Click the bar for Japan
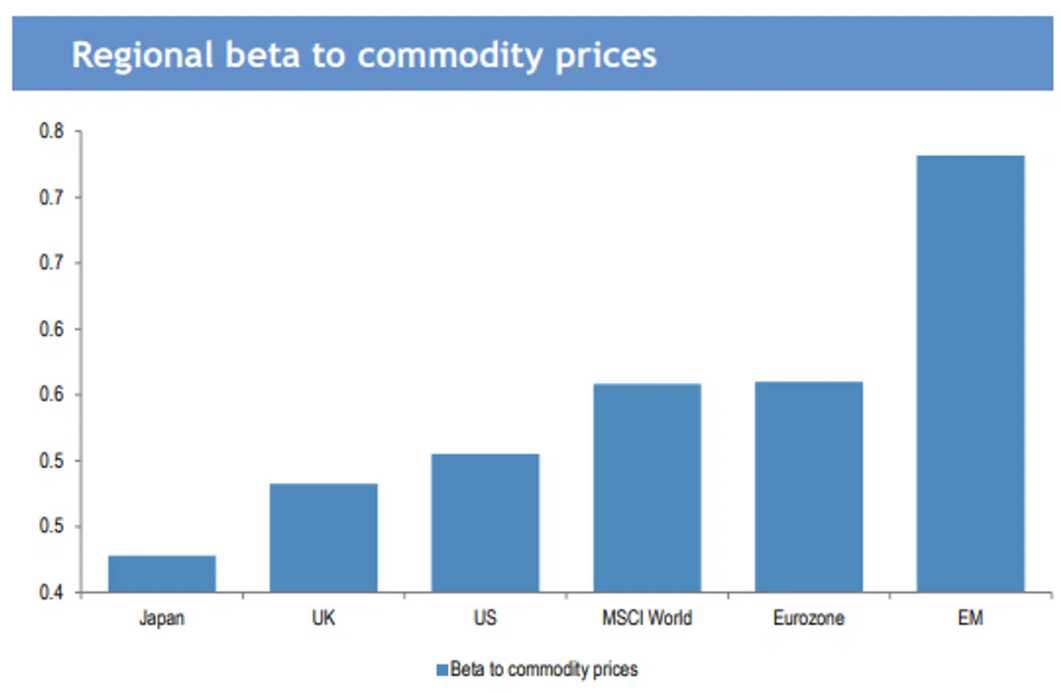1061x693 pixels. [x=162, y=574]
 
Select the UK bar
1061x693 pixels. [x=323, y=538]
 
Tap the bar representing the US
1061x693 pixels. [x=485, y=523]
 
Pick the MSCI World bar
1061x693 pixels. [x=647, y=488]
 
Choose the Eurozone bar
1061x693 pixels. [x=808, y=486]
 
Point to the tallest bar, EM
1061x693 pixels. [x=970, y=373]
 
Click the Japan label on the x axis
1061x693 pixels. [x=162, y=618]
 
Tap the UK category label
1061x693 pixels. [x=323, y=617]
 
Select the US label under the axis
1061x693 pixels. [x=485, y=617]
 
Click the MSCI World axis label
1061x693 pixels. [x=647, y=617]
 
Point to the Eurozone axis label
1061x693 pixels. [x=808, y=617]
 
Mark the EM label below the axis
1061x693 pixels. [x=970, y=617]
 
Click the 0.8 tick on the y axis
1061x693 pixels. [x=52, y=131]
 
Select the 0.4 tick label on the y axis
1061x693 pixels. [x=52, y=592]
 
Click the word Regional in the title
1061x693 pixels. [x=143, y=56]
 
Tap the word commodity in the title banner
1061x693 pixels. [x=450, y=56]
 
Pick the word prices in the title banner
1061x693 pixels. [x=606, y=56]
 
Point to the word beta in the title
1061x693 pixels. [x=262, y=56]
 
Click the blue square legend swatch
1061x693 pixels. [x=442, y=669]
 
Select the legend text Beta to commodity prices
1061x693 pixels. [x=544, y=669]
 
